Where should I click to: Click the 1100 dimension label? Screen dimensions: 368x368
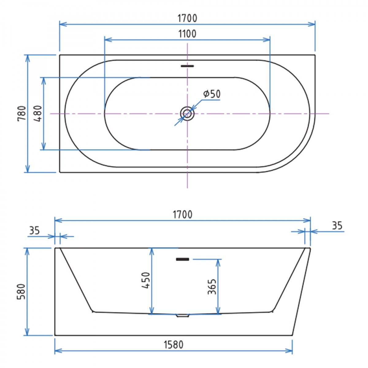coord(187,33)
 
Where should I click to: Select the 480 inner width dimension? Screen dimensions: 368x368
coord(38,113)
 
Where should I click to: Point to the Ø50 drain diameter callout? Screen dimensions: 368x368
coord(212,94)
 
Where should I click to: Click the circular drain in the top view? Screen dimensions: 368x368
coord(187,113)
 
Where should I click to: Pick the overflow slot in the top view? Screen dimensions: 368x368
coord(187,66)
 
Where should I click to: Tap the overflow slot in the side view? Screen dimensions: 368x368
coord(182,259)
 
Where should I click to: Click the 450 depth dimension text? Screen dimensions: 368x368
coord(146,280)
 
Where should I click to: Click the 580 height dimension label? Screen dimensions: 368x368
coord(21,291)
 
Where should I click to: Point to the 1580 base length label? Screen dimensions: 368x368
coord(173,345)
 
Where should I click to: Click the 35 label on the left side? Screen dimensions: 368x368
coord(34,230)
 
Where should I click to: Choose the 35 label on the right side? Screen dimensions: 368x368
coord(337,226)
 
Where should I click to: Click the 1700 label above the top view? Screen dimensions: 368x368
coord(187,18)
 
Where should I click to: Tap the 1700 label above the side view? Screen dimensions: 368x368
coord(183,214)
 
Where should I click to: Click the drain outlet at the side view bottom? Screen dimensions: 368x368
coord(183,315)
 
